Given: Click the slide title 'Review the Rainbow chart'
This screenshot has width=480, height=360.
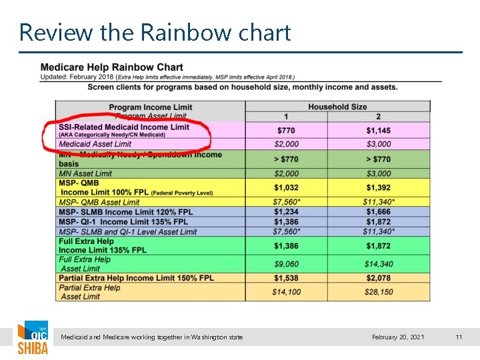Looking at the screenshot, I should pos(155,32).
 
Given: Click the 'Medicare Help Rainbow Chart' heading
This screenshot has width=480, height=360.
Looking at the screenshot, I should pos(112,67).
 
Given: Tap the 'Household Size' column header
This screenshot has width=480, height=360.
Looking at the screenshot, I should pos(337,107).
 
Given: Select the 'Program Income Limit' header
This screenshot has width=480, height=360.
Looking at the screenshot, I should pos(150,107).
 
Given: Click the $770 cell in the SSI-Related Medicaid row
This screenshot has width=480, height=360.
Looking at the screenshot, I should pos(286,130).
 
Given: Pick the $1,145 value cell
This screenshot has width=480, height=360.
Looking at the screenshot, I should pos(378,130).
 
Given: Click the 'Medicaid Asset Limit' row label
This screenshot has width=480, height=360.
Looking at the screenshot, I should pos(95,144).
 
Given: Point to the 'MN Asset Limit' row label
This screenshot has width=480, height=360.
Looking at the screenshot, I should pos(85,174).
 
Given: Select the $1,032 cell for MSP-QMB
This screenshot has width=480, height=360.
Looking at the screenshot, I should pos(286,188).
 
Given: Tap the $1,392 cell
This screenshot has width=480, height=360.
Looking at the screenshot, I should pos(378,188).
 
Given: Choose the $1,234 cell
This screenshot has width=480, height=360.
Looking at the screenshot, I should pos(286,212).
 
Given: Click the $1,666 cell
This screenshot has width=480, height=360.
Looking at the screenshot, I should pos(378,212).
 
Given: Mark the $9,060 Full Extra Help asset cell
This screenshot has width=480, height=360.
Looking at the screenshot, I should pos(286,264).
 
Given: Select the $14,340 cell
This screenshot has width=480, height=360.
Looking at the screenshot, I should pos(378,264).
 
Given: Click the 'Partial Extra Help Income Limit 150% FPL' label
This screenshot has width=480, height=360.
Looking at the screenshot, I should pos(136,278).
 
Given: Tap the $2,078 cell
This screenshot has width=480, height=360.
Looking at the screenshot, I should pos(378,278).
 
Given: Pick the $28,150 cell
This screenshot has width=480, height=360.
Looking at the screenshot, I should pos(378,292).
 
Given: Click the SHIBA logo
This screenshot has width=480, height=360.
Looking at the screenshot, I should pos(33,338).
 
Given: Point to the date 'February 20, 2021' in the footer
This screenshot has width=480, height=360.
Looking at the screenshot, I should pos(398,337).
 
